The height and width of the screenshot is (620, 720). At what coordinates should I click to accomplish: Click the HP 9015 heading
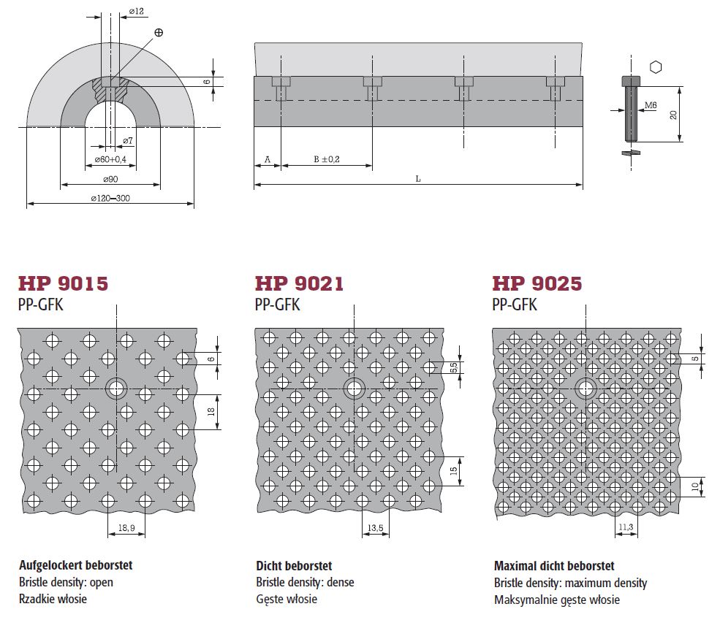pos(63,284)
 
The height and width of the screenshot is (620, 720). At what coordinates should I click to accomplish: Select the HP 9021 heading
pos(299,284)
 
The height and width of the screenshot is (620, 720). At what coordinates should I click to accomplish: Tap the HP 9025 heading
pos(537,284)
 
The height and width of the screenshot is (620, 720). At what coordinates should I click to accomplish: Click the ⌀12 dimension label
pos(137,11)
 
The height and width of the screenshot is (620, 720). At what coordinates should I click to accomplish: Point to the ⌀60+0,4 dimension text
pos(110,160)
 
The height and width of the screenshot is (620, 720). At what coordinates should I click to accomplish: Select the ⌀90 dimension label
pos(110,179)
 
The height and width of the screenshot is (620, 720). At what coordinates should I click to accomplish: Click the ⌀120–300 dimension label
pos(110,198)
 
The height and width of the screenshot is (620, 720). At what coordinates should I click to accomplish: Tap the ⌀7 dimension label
pos(128,140)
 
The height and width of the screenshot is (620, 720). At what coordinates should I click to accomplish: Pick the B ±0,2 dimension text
pos(327,159)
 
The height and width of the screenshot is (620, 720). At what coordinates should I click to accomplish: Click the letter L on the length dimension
pos(418,179)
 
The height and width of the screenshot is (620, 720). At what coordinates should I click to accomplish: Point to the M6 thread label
pos(651,105)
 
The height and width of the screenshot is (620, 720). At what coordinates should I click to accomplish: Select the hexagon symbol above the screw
pos(656,67)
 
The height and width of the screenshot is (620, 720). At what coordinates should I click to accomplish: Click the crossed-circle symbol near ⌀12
pos(159,32)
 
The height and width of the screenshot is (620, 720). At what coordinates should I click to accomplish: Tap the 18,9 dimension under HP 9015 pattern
pos(126,528)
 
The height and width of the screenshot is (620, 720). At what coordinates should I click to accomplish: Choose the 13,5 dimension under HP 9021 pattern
pos(375,528)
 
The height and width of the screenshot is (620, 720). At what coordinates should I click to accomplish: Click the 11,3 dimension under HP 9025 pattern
pos(626,527)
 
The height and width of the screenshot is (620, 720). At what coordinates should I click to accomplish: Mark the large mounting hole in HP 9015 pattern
pos(117,389)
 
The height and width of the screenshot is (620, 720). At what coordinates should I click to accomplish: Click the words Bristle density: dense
pos(305,582)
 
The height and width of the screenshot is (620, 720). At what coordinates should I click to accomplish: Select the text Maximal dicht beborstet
pos(554,565)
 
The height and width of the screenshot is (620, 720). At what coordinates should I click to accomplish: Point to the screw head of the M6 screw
pos(631,81)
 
